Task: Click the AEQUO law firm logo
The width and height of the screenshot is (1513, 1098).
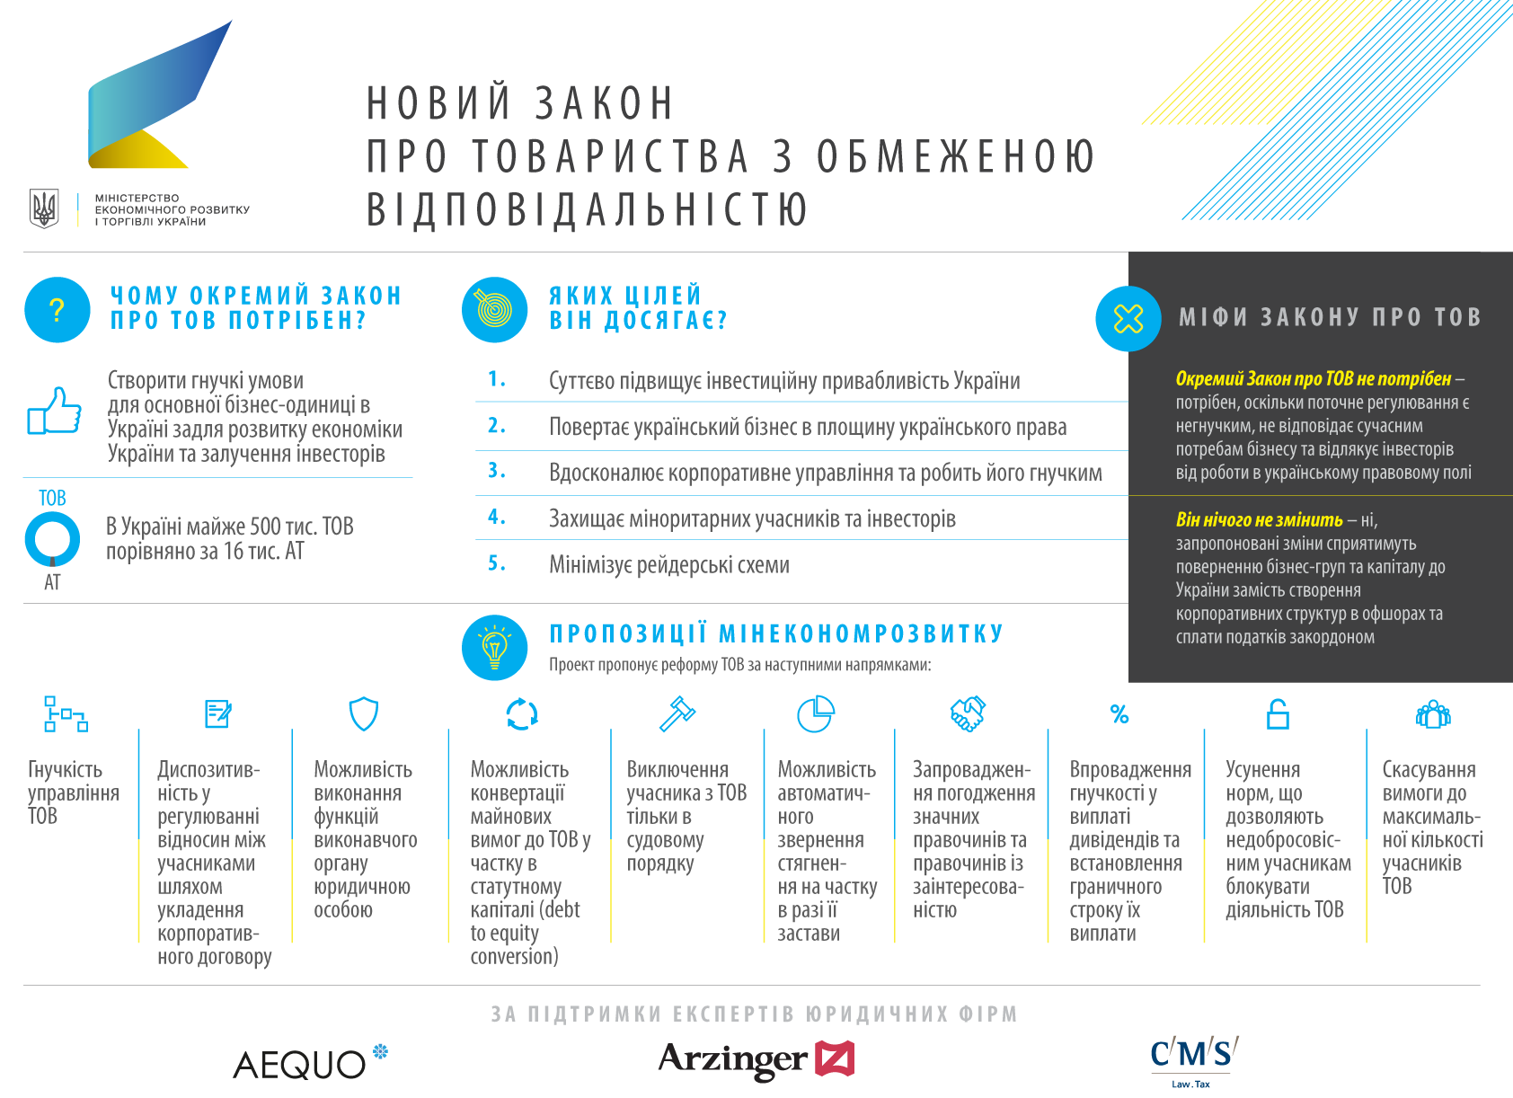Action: point(309,1063)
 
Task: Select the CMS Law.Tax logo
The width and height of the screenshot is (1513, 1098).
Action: point(1193,1058)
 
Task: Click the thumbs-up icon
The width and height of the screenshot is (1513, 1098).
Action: point(54,412)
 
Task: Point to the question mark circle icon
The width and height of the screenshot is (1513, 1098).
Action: point(58,310)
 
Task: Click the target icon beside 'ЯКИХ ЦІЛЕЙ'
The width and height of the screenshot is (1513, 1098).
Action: point(494,310)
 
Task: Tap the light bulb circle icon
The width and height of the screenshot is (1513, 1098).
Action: point(494,647)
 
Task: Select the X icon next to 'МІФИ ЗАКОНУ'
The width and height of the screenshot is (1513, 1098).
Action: point(1128,318)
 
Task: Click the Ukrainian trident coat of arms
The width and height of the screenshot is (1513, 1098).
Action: point(44,208)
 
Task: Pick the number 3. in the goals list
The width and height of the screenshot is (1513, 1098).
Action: point(497,471)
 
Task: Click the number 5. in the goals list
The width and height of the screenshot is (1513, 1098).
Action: point(497,563)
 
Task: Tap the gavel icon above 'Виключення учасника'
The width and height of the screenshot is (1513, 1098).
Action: point(678,714)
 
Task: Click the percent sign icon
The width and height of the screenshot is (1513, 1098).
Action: point(1119,714)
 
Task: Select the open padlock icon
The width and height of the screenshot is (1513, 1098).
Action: point(1278,714)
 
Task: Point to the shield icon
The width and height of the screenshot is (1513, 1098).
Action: point(363,714)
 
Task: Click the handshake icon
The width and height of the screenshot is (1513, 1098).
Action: point(968,714)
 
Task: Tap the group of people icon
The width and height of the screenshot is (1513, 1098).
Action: point(1433,714)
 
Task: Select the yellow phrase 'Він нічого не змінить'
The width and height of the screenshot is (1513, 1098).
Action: point(1259,520)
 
